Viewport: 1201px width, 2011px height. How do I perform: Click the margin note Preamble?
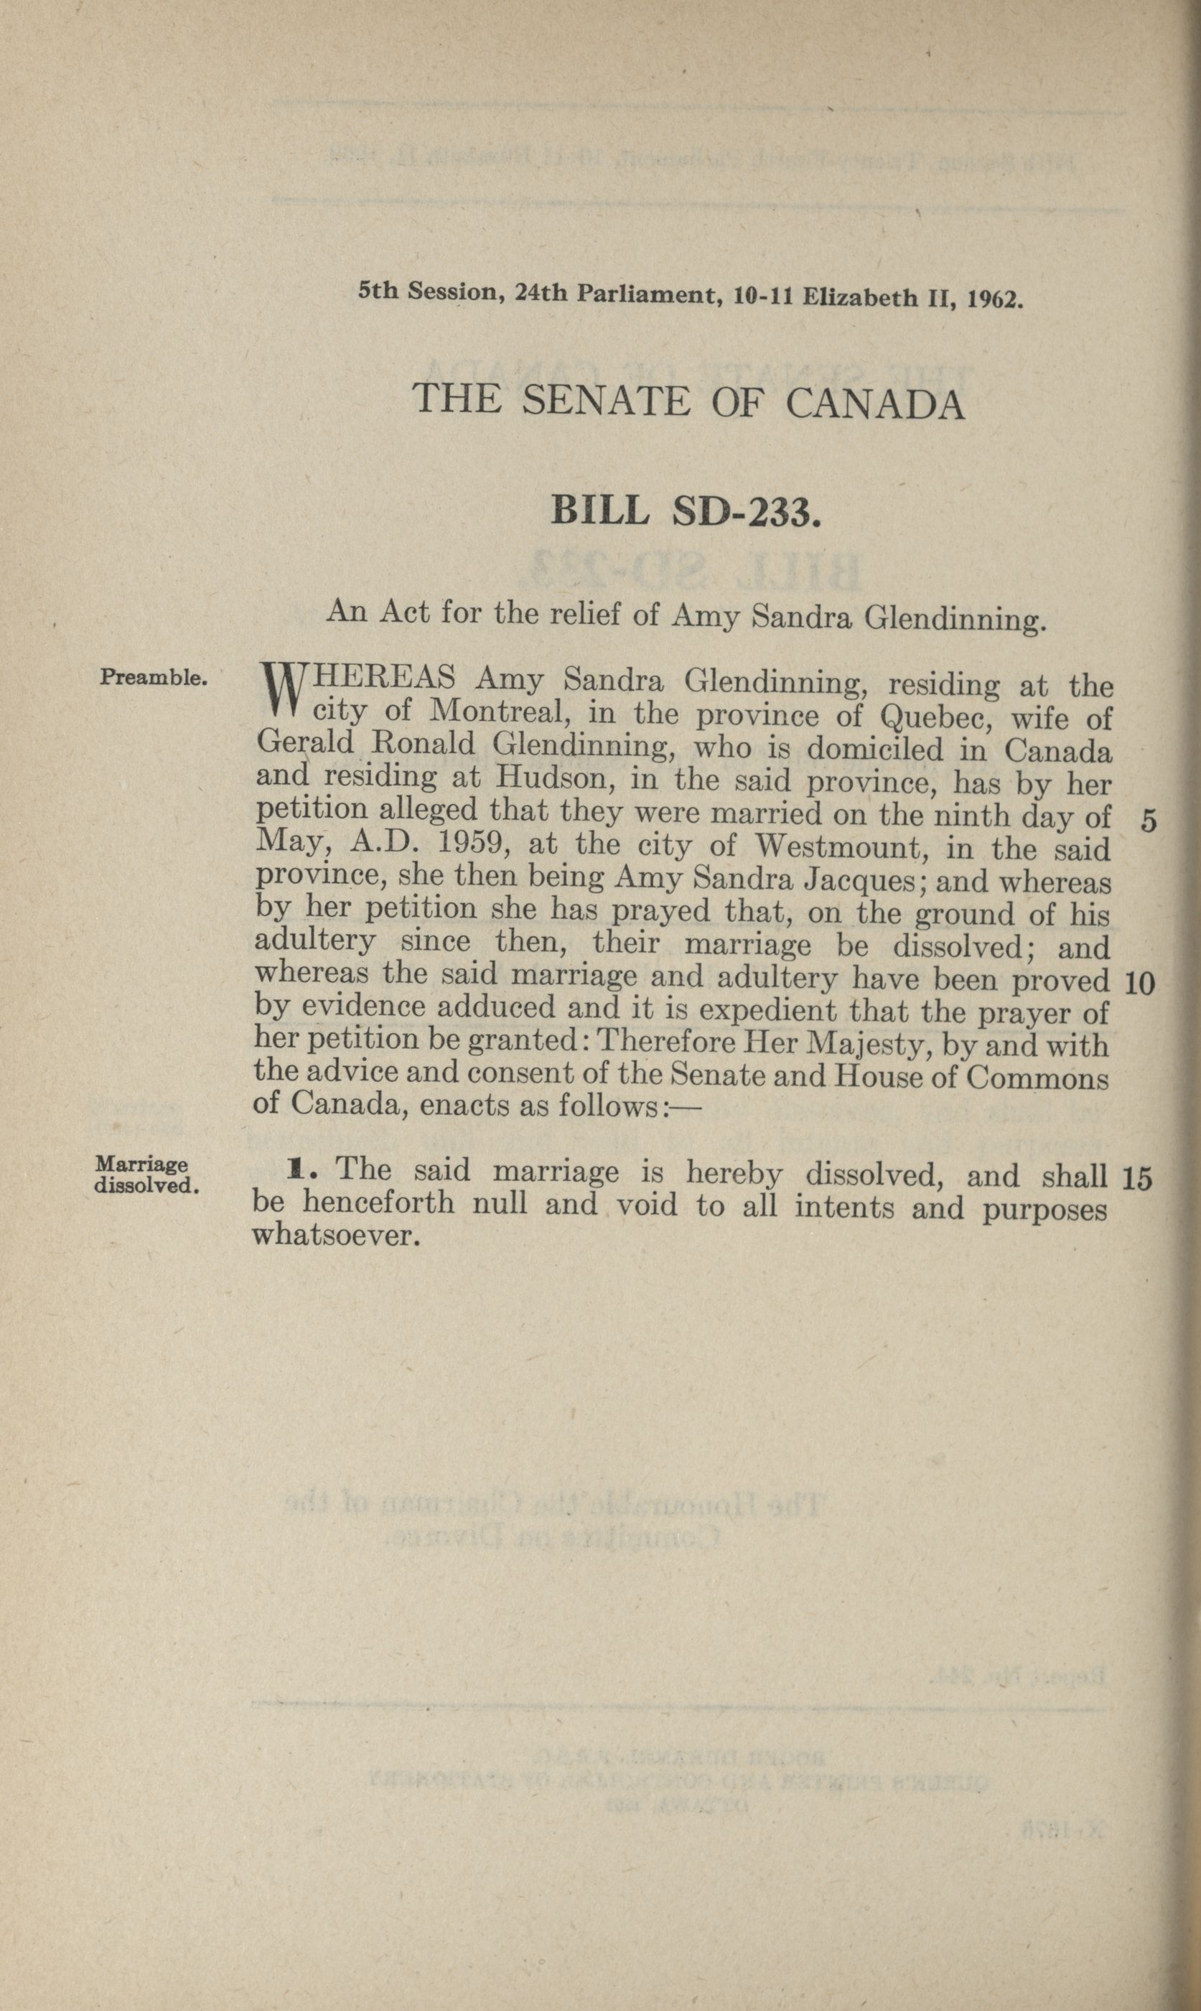click(x=154, y=676)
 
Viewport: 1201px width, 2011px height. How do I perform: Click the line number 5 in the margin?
click(x=1148, y=822)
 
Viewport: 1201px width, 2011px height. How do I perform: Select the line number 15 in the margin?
click(x=1137, y=1178)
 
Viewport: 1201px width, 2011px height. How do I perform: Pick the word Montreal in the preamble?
click(x=490, y=712)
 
